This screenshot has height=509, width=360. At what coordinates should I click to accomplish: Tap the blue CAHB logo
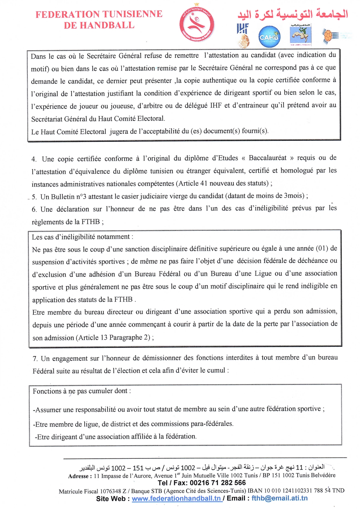269,37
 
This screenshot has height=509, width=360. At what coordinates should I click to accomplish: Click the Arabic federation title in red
293,14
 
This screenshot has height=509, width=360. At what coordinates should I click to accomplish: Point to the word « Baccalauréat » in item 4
268,158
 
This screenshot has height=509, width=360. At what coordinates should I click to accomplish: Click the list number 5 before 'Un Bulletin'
34,197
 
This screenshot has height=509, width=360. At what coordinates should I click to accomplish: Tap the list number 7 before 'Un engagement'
35,359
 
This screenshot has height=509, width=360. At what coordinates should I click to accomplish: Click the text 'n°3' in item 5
81,197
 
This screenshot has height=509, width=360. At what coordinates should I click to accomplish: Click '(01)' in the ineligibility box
322,248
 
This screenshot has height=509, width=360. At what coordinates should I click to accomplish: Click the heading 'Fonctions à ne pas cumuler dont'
81,391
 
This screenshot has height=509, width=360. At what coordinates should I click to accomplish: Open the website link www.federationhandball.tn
176,498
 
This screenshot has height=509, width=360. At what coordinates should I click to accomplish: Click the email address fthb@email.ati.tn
279,498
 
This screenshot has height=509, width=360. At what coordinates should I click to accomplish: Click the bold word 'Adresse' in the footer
79,476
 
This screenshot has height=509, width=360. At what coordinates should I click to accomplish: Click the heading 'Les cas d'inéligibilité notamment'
82,237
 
